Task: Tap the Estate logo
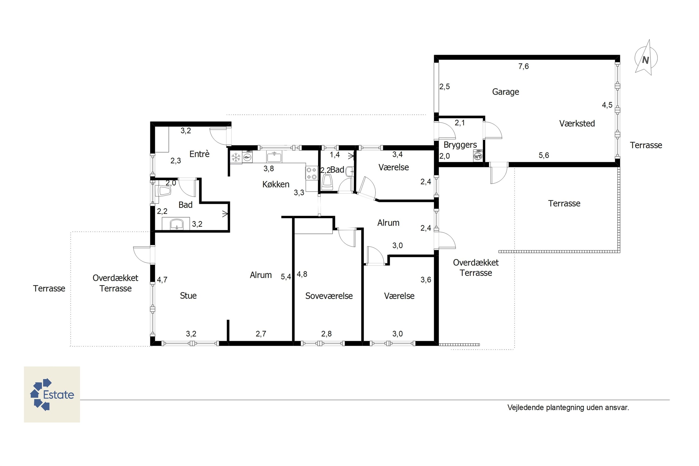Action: pyautogui.click(x=52, y=394)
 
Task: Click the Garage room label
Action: pyautogui.click(x=506, y=92)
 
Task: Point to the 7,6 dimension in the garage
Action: pyautogui.click(x=524, y=66)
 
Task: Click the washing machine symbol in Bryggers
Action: pyautogui.click(x=478, y=156)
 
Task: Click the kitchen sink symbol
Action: pyautogui.click(x=274, y=157)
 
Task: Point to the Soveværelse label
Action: pyautogui.click(x=329, y=296)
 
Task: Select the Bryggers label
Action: pyautogui.click(x=460, y=145)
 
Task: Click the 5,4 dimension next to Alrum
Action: pyautogui.click(x=286, y=277)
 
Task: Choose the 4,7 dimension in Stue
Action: pyautogui.click(x=162, y=280)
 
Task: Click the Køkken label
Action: pyautogui.click(x=276, y=184)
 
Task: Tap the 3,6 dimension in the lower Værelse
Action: pyautogui.click(x=426, y=280)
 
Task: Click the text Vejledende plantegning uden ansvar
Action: pyautogui.click(x=568, y=408)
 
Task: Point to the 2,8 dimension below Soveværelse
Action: pyautogui.click(x=326, y=334)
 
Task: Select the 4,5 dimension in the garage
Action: pyautogui.click(x=607, y=105)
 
